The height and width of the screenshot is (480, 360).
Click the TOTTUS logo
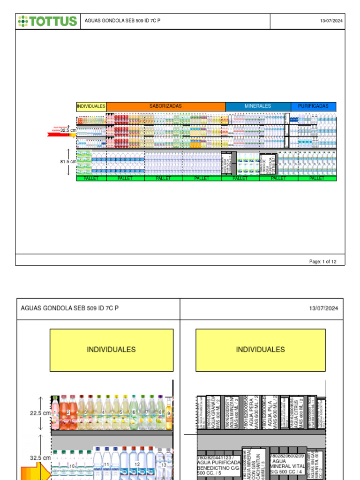[47, 21]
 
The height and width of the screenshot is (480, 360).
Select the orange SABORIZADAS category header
[165, 106]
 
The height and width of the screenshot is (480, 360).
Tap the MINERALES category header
[258, 106]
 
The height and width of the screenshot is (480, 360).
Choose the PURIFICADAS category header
[313, 106]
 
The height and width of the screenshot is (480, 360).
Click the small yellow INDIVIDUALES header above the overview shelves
[91, 106]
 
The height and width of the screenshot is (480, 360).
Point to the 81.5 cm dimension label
[68, 162]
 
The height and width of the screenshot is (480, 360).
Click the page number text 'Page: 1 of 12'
[322, 262]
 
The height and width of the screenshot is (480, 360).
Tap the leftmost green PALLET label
[91, 179]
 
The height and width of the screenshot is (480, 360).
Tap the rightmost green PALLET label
[317, 179]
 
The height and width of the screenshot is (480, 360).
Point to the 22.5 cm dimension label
[40, 413]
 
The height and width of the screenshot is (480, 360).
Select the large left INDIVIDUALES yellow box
[112, 350]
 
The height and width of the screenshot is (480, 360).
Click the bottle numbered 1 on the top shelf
[55, 412]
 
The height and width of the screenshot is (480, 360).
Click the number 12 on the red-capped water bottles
[137, 464]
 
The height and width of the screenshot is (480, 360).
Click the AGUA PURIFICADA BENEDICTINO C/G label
[219, 467]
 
